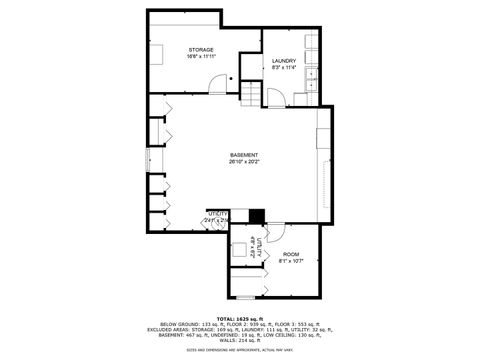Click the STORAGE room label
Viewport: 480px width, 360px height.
pos(201,49)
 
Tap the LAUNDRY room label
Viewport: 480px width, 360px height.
pos(284,61)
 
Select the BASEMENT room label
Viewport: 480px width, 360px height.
pos(244,155)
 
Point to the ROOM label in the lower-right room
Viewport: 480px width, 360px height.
pos(291,255)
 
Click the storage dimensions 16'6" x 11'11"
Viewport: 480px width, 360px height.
pos(201,56)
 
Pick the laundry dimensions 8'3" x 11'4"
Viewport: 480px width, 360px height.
pos(284,68)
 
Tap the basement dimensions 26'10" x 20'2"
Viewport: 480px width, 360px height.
pos(244,162)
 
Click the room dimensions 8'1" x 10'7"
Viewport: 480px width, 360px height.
pos(291,262)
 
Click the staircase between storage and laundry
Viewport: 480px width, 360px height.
pos(250,95)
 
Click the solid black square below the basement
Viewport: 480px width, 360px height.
pos(256,214)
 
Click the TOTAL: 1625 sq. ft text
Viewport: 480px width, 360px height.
pos(239,318)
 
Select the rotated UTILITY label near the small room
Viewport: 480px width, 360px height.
pos(257,247)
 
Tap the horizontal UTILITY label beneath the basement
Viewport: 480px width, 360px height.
pos(217,213)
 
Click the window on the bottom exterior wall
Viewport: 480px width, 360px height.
pos(245,298)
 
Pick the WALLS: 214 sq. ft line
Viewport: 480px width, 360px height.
pos(239,341)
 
